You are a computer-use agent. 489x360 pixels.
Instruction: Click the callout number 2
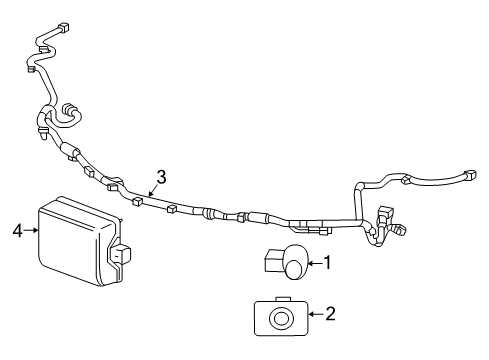tap(331, 315)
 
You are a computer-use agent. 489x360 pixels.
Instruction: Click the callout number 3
tap(160, 174)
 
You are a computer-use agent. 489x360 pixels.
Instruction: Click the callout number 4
tap(16, 232)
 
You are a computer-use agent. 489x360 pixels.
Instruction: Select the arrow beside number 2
tap(314, 315)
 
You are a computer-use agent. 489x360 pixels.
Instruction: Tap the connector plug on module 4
tap(123, 255)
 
